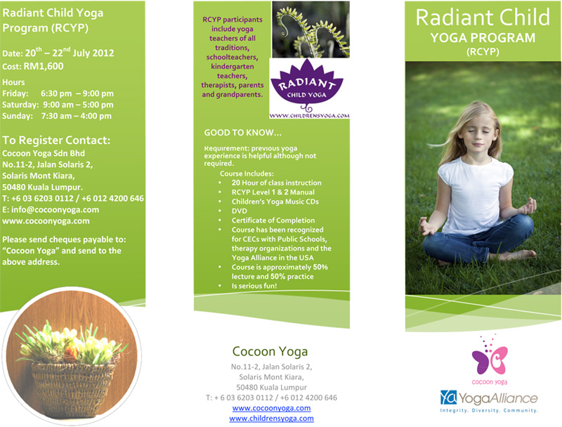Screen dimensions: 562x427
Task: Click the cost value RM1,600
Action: [44, 66]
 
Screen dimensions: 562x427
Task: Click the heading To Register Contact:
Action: [56, 140]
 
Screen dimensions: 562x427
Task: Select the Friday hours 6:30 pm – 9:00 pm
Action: [77, 93]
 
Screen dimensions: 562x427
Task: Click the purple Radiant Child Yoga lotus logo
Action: [307, 86]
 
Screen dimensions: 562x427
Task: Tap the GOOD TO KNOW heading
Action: [242, 133]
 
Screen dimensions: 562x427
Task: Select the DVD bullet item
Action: [239, 211]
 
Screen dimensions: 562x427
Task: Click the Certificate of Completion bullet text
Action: [273, 221]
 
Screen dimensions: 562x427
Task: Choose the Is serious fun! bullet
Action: [254, 286]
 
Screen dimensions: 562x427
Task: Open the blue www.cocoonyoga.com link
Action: [271, 408]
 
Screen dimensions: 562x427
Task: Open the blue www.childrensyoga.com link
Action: [271, 418]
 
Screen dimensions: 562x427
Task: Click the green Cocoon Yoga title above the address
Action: [270, 351]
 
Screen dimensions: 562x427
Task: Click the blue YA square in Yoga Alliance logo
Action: [448, 398]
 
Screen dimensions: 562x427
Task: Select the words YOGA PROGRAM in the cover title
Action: [483, 38]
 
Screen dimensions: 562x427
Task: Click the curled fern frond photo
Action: [311, 29]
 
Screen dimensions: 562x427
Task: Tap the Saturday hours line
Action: [58, 105]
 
